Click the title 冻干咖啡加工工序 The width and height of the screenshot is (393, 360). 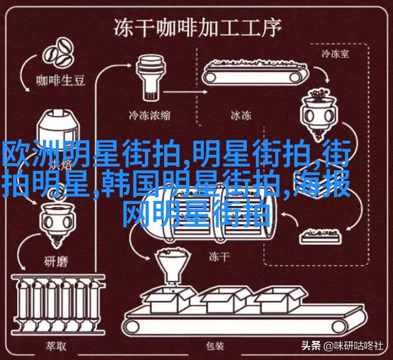[196, 27]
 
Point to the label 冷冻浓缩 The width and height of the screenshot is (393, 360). [149, 114]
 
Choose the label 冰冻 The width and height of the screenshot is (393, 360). [240, 114]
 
